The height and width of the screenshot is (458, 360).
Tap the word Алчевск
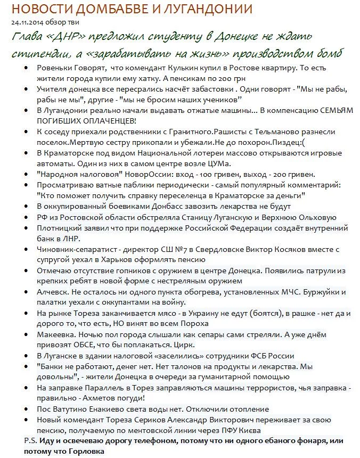pyautogui.click(x=53, y=292)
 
